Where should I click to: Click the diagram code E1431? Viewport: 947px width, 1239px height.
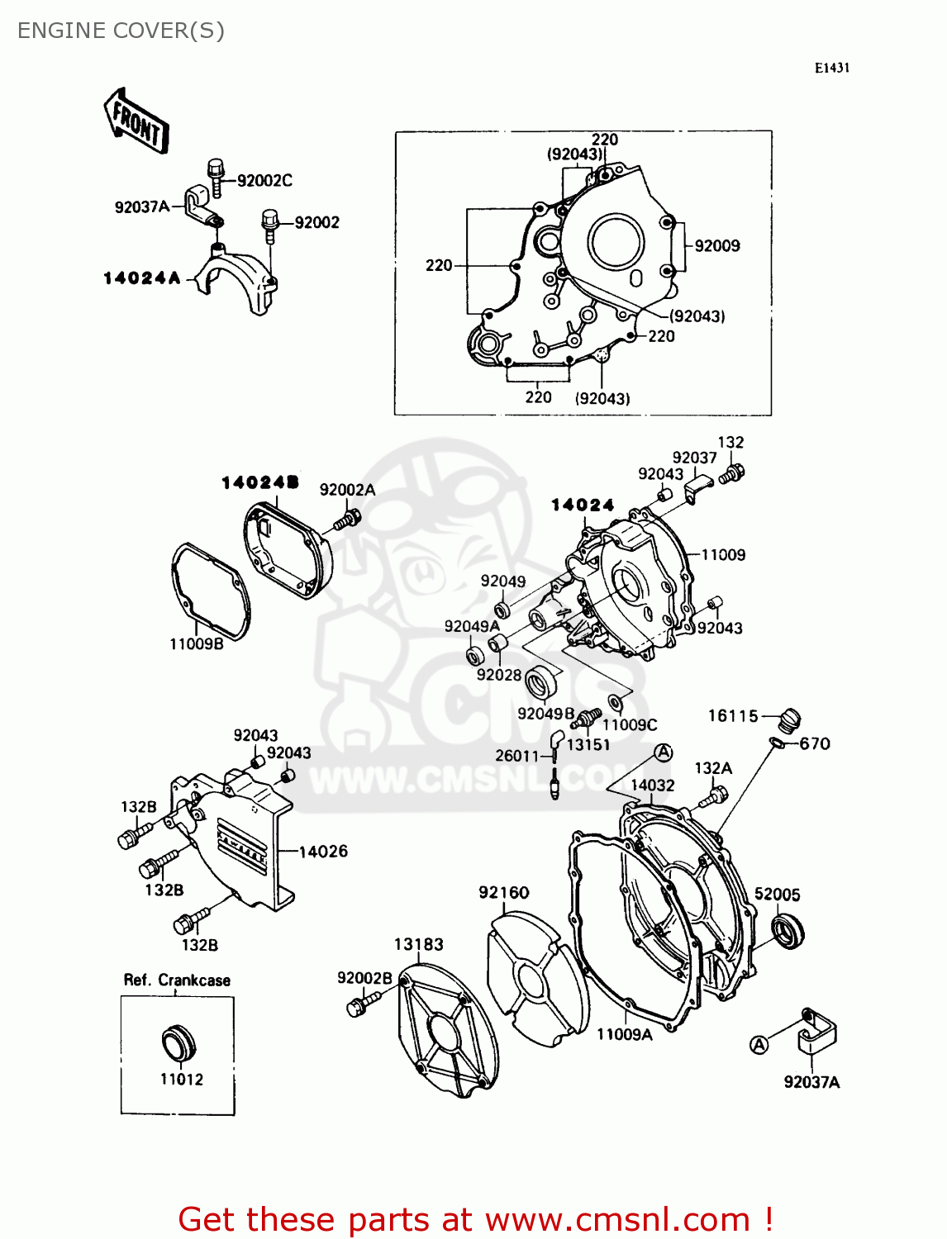pos(831,68)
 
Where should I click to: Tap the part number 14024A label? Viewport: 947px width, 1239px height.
pos(141,278)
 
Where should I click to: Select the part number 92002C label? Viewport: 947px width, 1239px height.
pos(264,180)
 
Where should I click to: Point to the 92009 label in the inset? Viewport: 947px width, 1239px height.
pos(717,245)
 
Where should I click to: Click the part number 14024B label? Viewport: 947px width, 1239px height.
pos(259,482)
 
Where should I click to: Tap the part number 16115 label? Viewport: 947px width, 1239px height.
pos(732,715)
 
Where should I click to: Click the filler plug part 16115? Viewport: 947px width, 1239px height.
pos(791,719)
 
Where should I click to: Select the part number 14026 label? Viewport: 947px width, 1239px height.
pos(323,851)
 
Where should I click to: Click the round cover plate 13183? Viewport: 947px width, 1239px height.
pos(447,1032)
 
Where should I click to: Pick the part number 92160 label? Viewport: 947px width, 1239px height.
pos(503,892)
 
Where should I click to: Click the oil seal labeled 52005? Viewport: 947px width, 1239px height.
pos(788,931)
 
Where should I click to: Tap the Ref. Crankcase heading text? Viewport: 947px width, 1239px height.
pos(177,980)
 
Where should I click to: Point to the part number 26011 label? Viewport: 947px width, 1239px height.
pos(516,755)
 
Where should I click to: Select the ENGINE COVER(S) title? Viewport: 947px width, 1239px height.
pos(121,31)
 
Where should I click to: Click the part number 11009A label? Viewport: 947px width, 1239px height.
pos(624,1034)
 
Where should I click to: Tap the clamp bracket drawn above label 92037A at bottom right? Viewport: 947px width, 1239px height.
pos(816,1030)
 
